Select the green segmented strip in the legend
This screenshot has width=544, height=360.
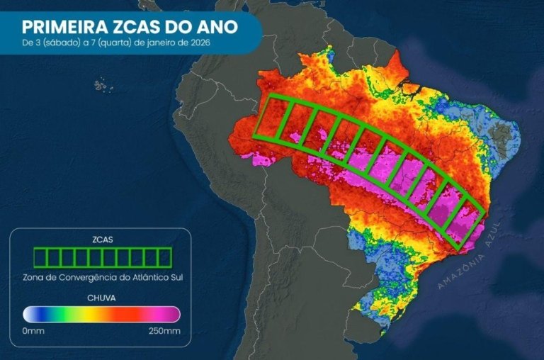tap(102, 257)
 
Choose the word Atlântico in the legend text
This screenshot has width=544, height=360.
tap(151, 276)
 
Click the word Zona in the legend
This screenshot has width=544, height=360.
tap(33, 276)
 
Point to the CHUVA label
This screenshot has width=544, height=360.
tap(102, 298)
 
